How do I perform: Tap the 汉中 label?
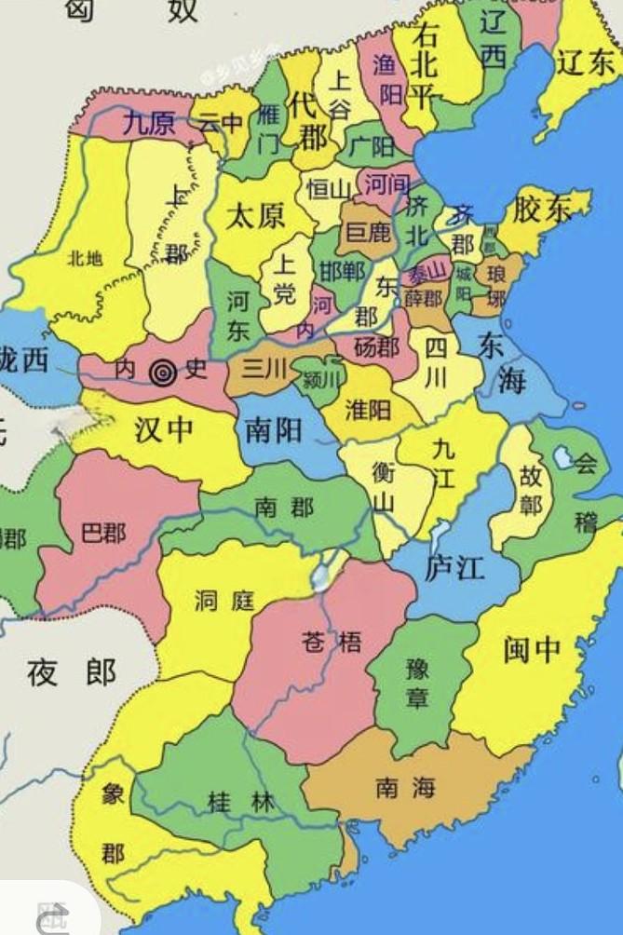tap(165, 429)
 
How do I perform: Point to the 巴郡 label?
tap(103, 534)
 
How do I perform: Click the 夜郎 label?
tap(72, 671)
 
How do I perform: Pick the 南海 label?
tap(405, 789)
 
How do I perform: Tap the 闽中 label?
tap(532, 649)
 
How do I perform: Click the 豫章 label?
tap(417, 683)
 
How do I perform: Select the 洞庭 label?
tap(224, 602)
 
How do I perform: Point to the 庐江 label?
tap(454, 568)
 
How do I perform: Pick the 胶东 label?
tap(543, 210)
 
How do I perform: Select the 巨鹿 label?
tap(368, 233)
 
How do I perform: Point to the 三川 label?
tap(264, 369)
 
